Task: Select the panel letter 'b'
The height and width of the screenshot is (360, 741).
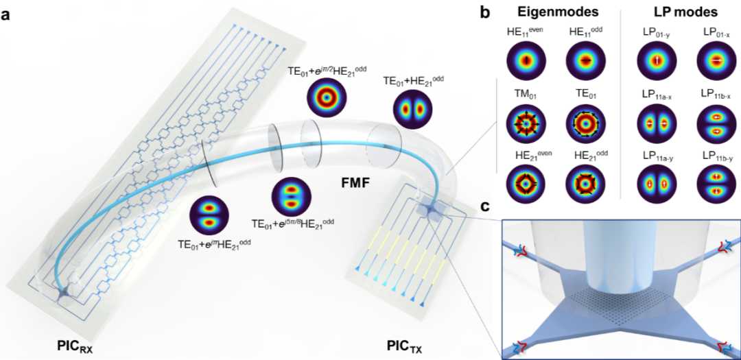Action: coord(484,12)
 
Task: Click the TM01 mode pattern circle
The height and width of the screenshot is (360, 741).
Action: coord(527,125)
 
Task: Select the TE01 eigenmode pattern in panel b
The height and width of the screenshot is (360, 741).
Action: coord(585,125)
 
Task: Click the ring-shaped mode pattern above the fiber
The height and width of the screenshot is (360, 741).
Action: coord(326,97)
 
